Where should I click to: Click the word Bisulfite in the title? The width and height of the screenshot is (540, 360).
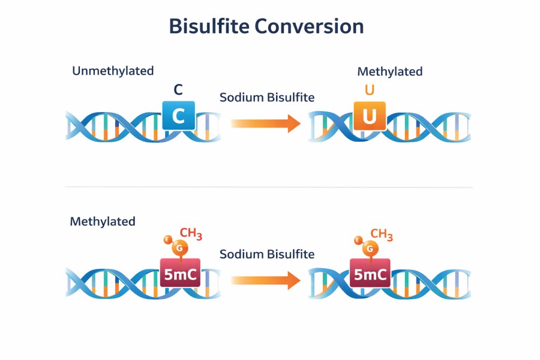(208, 27)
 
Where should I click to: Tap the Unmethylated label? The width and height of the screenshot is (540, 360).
(113, 71)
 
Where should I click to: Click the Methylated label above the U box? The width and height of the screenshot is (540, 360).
(390, 71)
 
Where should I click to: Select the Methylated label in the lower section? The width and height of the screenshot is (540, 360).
(103, 221)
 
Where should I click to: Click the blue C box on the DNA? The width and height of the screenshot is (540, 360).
(178, 116)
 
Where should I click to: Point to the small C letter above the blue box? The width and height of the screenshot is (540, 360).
(178, 90)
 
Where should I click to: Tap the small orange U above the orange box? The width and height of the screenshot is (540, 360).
(370, 91)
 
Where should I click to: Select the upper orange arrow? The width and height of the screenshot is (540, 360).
(265, 123)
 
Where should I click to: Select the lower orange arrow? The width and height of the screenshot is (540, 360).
(265, 279)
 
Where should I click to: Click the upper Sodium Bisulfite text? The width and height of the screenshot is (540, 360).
(267, 97)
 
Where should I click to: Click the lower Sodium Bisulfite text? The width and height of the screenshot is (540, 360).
(267, 254)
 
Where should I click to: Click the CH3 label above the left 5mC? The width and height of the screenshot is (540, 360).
(191, 234)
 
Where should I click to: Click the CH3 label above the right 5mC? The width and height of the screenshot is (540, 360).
(382, 235)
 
